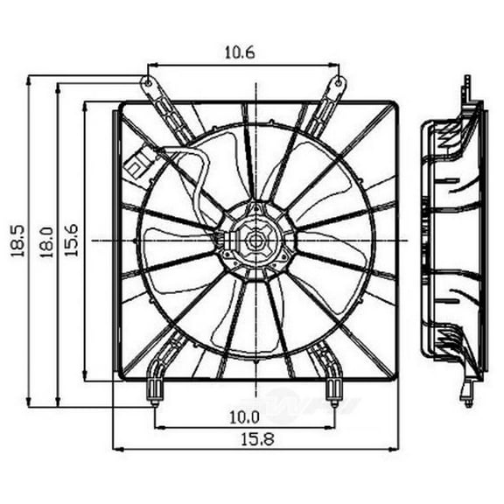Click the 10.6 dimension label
[x=244, y=52]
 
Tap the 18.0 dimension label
[x=46, y=241]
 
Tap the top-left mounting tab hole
[x=148, y=84]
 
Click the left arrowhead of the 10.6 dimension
[x=150, y=64]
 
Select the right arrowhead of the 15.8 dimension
[x=396, y=449]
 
